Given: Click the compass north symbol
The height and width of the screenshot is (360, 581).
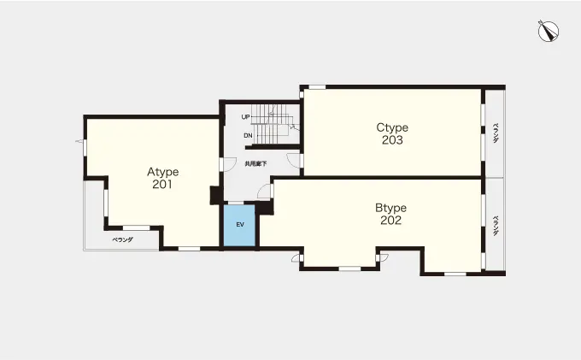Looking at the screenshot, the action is [x=549, y=31].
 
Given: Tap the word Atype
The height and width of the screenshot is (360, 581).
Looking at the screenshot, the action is [x=162, y=172].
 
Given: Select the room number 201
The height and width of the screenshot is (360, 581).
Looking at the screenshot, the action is [x=162, y=184].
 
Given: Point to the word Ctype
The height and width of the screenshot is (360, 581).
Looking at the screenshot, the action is [x=392, y=127].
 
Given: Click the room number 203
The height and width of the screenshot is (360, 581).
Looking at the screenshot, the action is [x=392, y=139].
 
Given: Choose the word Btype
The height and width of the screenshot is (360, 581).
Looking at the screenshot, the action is [x=390, y=208].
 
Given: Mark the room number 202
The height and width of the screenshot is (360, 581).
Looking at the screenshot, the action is [x=390, y=221].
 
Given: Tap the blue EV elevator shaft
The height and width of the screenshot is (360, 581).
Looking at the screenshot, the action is [x=239, y=225].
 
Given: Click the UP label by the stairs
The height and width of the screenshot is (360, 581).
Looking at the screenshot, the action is [x=245, y=117].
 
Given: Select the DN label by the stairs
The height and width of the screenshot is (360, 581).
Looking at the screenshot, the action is [x=248, y=136].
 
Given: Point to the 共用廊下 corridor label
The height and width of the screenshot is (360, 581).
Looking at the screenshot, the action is [x=255, y=163].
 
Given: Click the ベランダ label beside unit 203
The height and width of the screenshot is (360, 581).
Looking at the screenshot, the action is [x=496, y=133].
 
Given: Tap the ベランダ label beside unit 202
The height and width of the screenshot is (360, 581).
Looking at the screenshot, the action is [x=496, y=226].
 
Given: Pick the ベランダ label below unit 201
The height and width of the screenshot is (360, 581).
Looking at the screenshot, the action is [x=123, y=240].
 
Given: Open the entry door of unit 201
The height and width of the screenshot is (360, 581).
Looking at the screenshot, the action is [x=228, y=165].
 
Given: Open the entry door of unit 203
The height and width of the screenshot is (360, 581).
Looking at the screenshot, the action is [x=295, y=160].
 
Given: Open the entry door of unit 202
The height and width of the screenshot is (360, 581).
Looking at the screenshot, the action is [x=265, y=191].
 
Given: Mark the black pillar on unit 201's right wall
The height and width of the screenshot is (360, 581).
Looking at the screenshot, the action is [x=215, y=195].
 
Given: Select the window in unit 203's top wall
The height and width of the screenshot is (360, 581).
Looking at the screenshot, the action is [x=317, y=87].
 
